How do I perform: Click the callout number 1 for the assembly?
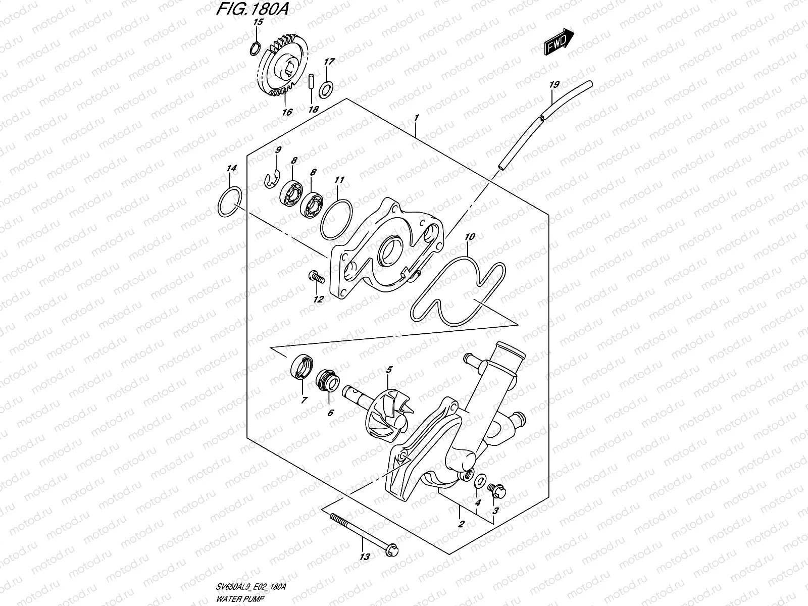coord(416,118)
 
